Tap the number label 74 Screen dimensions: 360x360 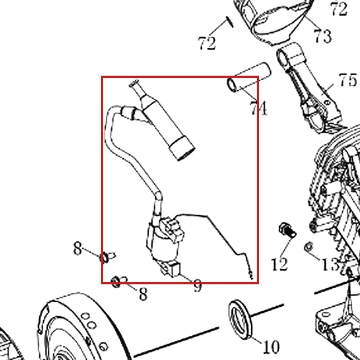point(259,108)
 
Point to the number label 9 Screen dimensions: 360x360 point(197,285)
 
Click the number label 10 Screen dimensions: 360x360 point(271,347)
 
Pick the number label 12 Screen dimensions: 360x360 point(279,264)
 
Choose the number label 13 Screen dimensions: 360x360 point(331,264)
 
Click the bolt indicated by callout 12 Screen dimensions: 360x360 point(287,230)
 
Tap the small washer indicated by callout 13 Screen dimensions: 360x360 point(308,247)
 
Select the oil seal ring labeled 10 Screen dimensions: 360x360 point(240,319)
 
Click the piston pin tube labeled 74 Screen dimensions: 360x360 point(249,77)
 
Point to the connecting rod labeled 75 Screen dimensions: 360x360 point(311,87)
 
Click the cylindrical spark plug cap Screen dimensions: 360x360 point(168,126)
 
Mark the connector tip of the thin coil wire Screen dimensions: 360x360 point(251,275)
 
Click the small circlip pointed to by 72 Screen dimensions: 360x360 point(229,22)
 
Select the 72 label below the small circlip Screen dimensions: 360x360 point(207,43)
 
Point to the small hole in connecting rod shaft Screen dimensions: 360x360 point(327,102)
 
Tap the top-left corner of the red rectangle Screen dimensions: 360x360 point(101,77)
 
